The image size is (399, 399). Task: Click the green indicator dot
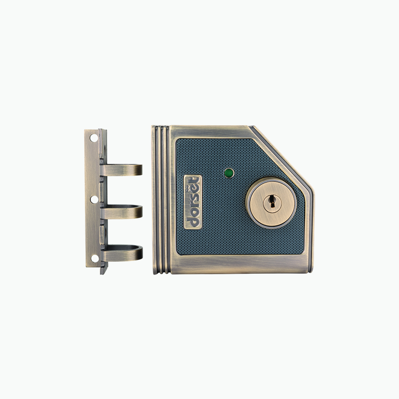[x=229, y=173]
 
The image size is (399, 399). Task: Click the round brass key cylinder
[x=271, y=203]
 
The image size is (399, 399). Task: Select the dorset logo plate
[x=193, y=202]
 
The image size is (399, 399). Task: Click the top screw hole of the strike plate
[x=94, y=138]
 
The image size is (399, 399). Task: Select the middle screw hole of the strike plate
[x=94, y=199]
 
